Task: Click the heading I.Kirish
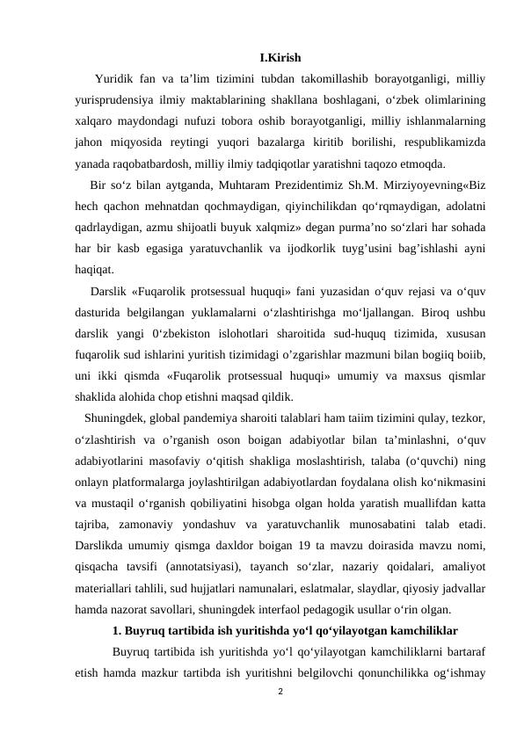pyautogui.click(x=280, y=60)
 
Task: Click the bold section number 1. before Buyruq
pyautogui.click(x=118, y=632)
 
